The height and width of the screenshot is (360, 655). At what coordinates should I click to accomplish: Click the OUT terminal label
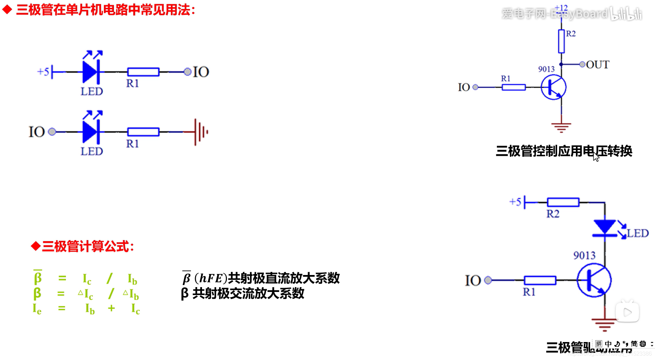tap(598, 65)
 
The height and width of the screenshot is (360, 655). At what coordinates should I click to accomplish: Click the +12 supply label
tap(561, 8)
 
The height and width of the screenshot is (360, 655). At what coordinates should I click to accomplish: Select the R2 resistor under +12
tap(561, 41)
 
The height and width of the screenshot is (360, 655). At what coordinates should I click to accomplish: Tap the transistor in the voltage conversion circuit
tap(553, 87)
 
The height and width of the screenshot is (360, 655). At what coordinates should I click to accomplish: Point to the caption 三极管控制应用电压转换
tap(564, 151)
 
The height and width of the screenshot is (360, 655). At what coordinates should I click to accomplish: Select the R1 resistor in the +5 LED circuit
tap(143, 72)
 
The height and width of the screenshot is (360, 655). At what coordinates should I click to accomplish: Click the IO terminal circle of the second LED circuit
tap(52, 132)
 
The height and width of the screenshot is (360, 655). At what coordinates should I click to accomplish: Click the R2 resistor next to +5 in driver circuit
tap(563, 202)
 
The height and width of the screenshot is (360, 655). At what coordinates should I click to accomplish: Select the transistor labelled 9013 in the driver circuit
tap(594, 280)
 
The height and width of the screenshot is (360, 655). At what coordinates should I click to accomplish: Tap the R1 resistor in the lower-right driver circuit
tap(540, 280)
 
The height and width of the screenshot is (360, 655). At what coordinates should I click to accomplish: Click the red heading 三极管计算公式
tap(88, 247)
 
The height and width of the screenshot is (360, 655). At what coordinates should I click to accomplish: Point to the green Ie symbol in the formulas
tap(37, 309)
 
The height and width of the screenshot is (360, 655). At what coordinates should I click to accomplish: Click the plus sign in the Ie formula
tap(111, 308)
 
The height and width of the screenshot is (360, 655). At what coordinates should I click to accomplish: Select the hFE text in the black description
tap(211, 278)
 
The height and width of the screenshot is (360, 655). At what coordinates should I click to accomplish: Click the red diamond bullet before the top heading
tap(7, 10)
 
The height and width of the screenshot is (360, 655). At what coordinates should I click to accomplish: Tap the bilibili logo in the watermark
tap(626, 14)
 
